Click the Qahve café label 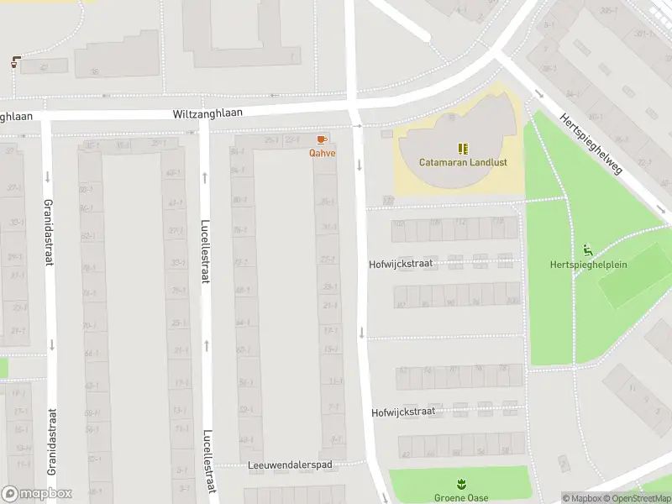[x=322, y=153]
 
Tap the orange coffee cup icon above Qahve [x=321, y=139]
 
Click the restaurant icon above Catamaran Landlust [x=462, y=148]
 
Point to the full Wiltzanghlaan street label [x=207, y=113]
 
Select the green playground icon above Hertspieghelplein [x=587, y=249]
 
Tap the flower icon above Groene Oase [x=460, y=484]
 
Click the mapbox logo [x=37, y=494]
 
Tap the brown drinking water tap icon [x=16, y=61]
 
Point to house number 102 [x=399, y=223]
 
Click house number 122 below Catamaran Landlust [x=387, y=200]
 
